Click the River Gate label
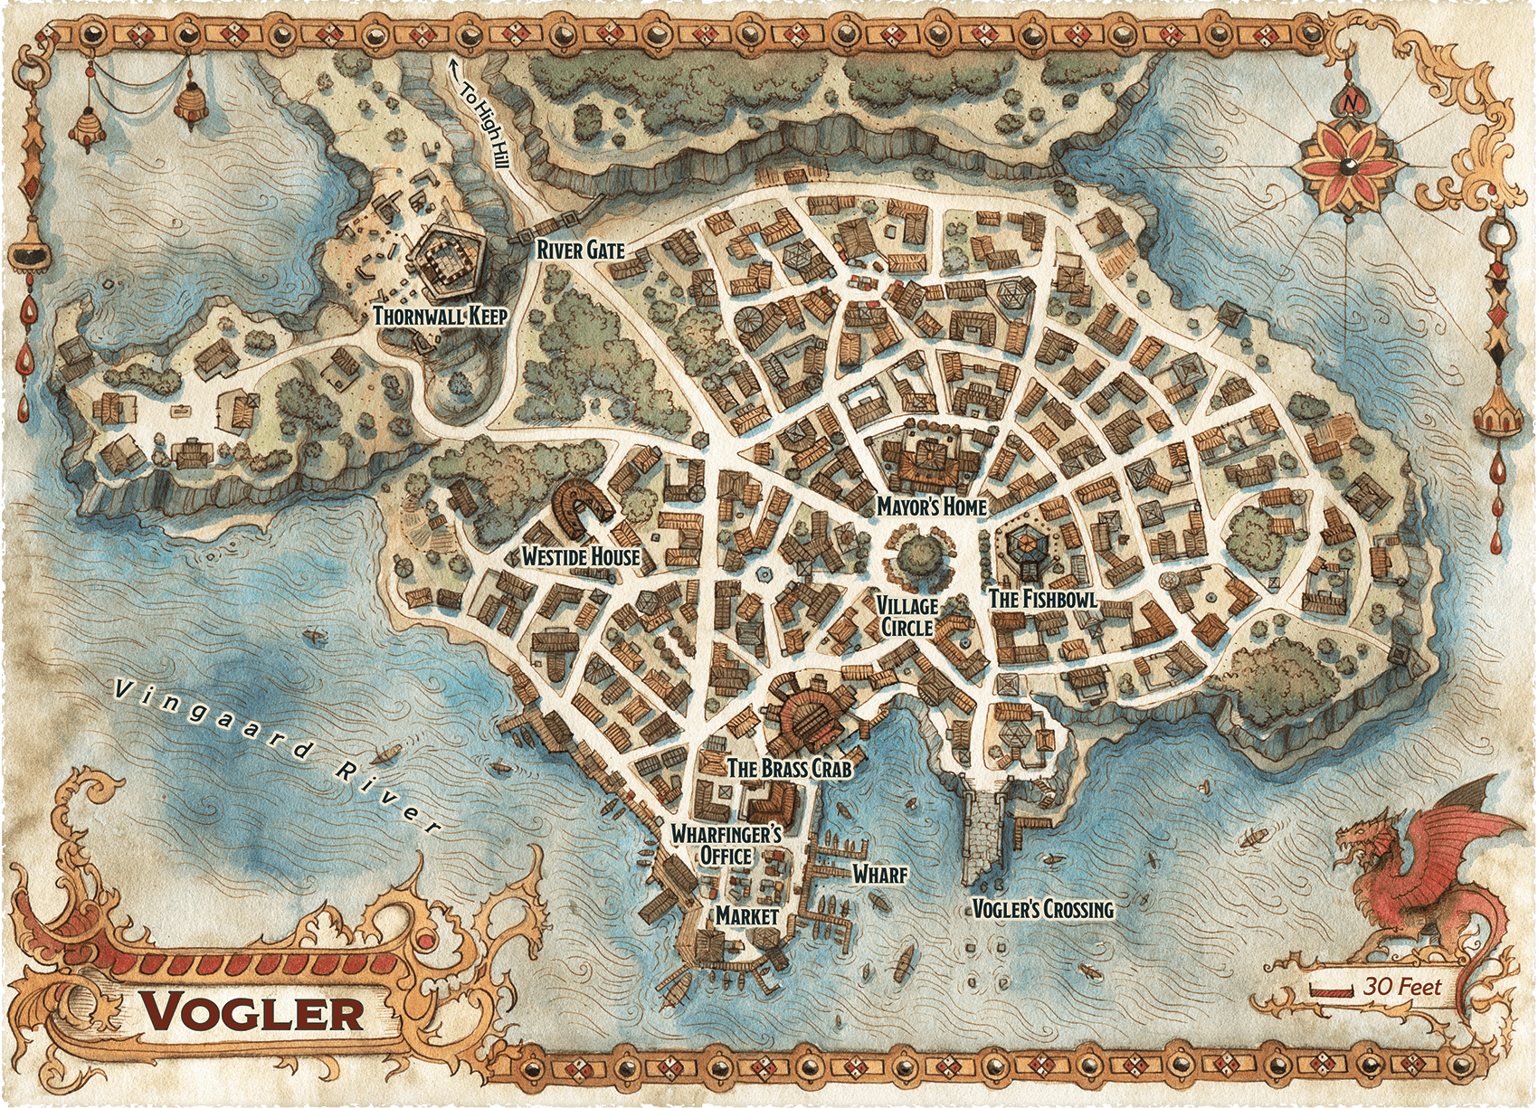(580, 249)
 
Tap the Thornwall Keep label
(440, 316)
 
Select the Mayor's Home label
(931, 507)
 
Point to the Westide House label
(580, 556)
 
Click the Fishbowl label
(1042, 599)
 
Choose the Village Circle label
(907, 615)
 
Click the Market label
(746, 915)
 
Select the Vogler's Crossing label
(1041, 909)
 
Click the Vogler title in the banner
(252, 1012)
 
